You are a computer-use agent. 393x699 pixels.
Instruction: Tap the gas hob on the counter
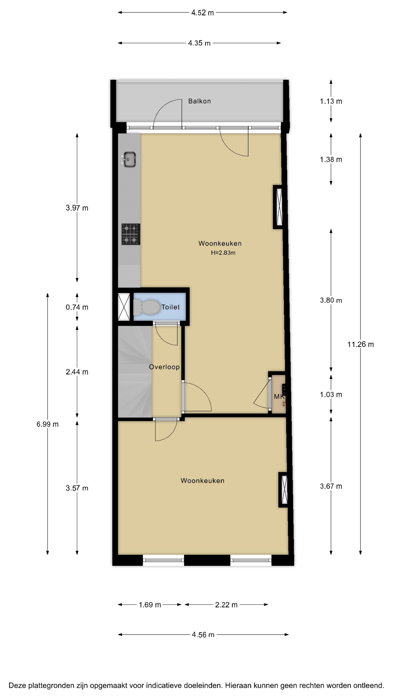tap(131, 234)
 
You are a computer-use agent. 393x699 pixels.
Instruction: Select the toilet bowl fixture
tap(146, 307)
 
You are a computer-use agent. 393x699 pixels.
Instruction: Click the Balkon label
tap(200, 101)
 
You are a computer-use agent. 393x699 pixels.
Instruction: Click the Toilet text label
tap(171, 307)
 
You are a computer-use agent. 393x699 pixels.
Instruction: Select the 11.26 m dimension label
tap(360, 345)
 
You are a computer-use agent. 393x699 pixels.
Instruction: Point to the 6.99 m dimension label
tap(47, 424)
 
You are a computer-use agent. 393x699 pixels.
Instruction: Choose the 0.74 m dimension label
tap(77, 307)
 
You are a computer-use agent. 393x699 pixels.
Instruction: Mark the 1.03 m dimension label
tap(331, 394)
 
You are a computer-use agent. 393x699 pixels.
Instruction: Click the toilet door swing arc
tap(163, 339)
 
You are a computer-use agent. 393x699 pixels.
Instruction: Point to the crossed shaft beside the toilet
tap(124, 307)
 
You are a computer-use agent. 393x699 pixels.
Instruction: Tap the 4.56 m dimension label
tap(203, 635)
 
